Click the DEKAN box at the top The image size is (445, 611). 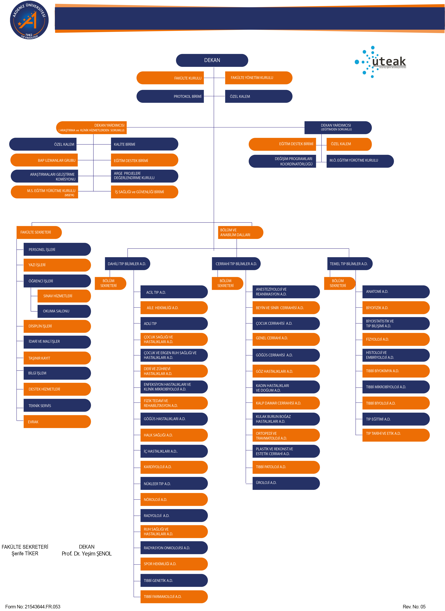pos(212,60)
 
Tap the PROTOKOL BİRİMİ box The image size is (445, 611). pos(170,96)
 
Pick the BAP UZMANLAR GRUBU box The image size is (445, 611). pos(44,160)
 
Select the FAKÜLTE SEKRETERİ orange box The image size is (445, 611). pos(39,232)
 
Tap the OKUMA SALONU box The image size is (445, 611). pos(64,311)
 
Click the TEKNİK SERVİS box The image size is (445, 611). pos(57,406)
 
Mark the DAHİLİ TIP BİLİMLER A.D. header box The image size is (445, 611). pos(127,264)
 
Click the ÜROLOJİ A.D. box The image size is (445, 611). pos(286,483)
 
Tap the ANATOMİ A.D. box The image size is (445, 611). pos(396,292)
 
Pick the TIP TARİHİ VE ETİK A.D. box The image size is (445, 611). pos(396,435)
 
